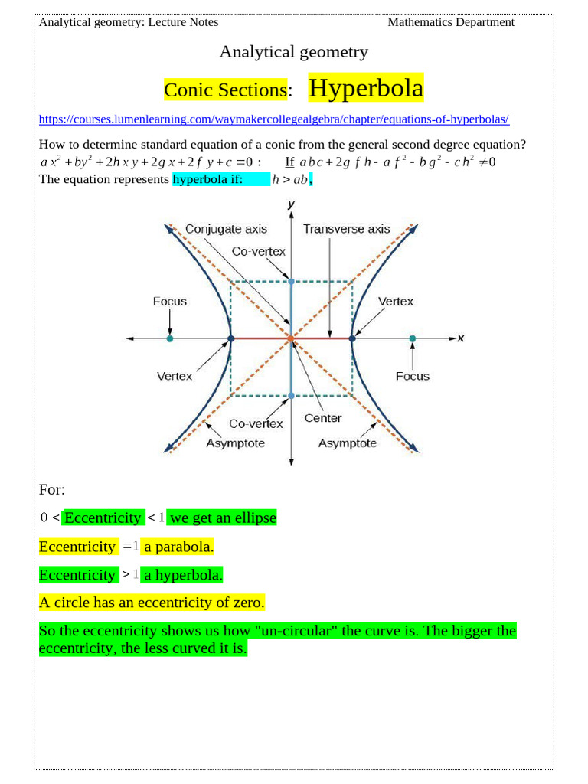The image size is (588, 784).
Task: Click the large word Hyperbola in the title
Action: point(365,89)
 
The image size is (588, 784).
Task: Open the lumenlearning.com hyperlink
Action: point(273,119)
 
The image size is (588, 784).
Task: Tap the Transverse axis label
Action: point(346,229)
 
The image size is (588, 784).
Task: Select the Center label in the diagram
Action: point(322,418)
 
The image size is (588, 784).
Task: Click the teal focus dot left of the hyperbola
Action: point(170,338)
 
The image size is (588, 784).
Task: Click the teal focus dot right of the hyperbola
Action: point(412,338)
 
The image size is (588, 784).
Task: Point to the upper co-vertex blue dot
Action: point(291,281)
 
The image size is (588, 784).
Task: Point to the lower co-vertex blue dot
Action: point(291,396)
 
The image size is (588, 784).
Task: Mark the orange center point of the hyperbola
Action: point(291,338)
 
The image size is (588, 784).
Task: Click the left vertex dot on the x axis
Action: point(231,338)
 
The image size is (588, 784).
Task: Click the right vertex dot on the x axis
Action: point(351,338)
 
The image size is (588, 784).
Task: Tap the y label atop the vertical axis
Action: point(291,204)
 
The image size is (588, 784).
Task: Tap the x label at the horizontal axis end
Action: point(461,338)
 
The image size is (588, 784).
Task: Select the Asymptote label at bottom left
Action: point(235,443)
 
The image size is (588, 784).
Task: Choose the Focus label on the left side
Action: point(169,302)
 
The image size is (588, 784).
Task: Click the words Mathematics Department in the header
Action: point(451,22)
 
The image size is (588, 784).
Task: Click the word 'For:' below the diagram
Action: point(52,489)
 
